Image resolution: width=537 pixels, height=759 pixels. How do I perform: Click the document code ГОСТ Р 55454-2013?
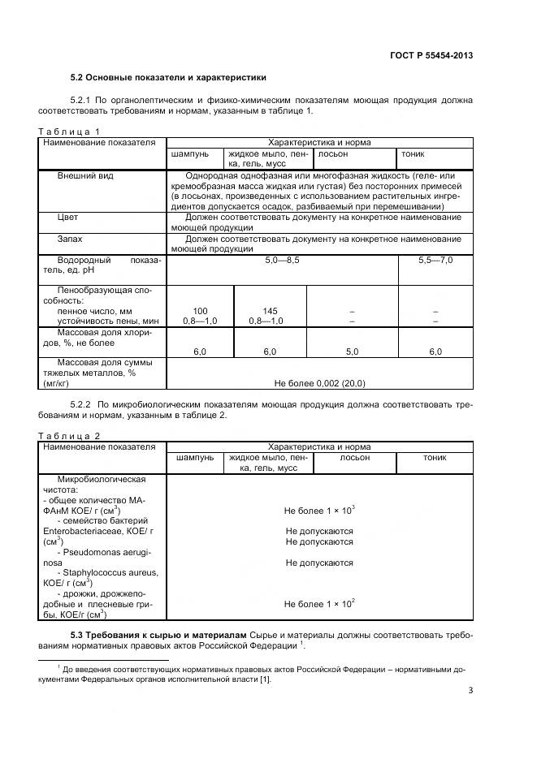click(x=432, y=56)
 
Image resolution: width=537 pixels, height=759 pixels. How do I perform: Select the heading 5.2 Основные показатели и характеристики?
click(x=168, y=79)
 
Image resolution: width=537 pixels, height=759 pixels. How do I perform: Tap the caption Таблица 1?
click(x=70, y=131)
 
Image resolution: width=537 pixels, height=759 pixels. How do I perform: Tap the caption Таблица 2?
click(x=70, y=436)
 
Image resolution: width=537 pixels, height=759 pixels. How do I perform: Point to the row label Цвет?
click(x=67, y=218)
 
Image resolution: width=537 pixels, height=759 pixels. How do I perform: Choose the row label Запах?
click(x=70, y=239)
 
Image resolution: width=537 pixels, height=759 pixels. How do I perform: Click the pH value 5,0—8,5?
click(x=281, y=260)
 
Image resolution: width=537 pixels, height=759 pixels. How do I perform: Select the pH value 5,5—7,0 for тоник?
click(x=435, y=260)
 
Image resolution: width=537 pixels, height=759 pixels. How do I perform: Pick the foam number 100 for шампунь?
click(x=199, y=311)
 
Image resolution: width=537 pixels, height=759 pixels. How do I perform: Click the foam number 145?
click(x=270, y=311)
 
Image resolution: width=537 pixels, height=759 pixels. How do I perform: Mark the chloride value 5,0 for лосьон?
click(x=352, y=351)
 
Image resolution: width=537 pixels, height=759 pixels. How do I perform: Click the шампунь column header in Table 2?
click(x=195, y=458)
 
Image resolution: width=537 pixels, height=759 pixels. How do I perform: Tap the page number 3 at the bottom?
click(x=470, y=691)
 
